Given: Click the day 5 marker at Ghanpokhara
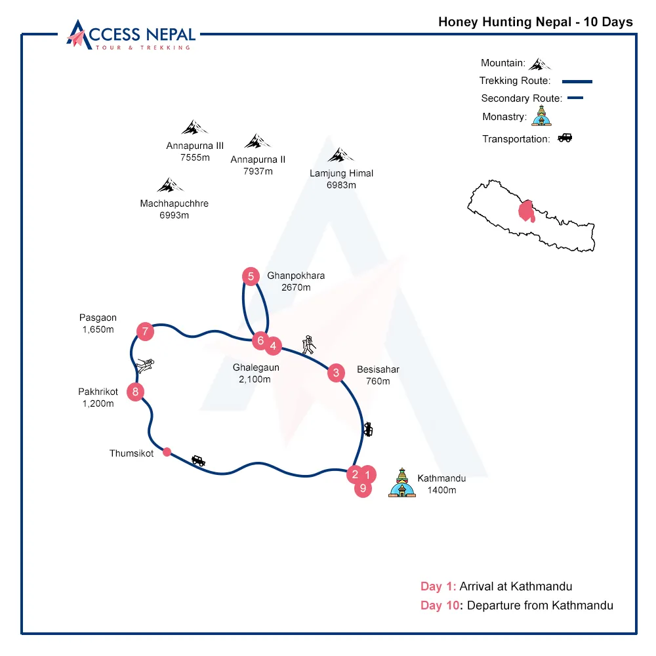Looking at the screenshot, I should tap(251, 276).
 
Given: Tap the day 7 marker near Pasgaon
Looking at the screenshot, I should tap(145, 331).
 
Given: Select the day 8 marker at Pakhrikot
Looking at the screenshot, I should tap(136, 392).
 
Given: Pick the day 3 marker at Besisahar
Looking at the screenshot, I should tap(336, 373).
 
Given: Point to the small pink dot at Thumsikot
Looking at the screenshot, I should tap(167, 451).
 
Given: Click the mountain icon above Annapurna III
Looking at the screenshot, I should tap(194, 127).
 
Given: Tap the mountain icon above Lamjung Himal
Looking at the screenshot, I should tap(340, 155).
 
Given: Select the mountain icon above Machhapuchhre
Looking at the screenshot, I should tap(171, 185).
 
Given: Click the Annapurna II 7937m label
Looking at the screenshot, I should tap(258, 165).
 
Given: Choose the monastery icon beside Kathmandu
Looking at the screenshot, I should tap(401, 483).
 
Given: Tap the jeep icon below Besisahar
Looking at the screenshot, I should tap(367, 429).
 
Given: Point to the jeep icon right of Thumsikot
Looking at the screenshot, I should tap(198, 461).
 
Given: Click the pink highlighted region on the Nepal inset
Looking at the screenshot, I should tap(525, 211).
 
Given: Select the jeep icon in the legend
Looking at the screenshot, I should tap(564, 138).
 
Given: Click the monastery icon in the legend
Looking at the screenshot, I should tap(540, 117).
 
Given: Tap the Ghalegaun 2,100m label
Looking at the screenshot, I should tap(251, 373).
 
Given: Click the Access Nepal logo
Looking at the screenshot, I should tap(131, 34).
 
